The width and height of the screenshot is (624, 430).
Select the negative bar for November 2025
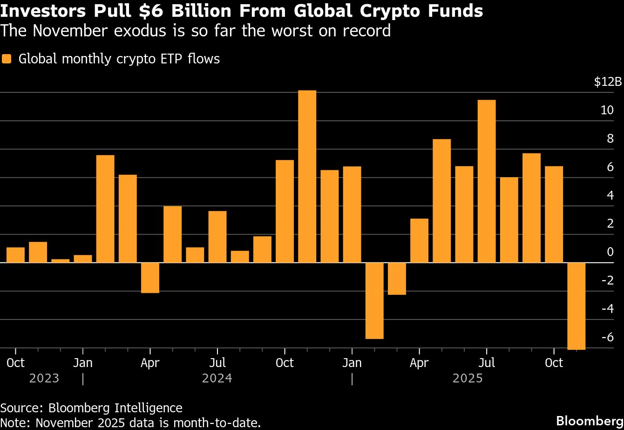[576, 305]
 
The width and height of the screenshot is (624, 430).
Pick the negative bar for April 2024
[150, 277]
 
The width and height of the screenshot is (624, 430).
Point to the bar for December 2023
[61, 261]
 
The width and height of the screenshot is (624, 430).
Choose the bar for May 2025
[441, 201]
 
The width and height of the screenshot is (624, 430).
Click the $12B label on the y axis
[608, 82]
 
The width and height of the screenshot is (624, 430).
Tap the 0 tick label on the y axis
[610, 252]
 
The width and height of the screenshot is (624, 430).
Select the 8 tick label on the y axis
[610, 139]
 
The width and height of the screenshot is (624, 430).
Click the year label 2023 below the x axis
[44, 378]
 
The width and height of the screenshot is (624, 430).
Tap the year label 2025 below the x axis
[468, 378]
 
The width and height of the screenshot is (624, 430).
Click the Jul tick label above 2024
[217, 362]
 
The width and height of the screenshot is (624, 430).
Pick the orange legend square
[7, 59]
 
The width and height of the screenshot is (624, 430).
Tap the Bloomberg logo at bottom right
[590, 419]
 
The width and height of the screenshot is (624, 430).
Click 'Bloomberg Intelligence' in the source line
[115, 408]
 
